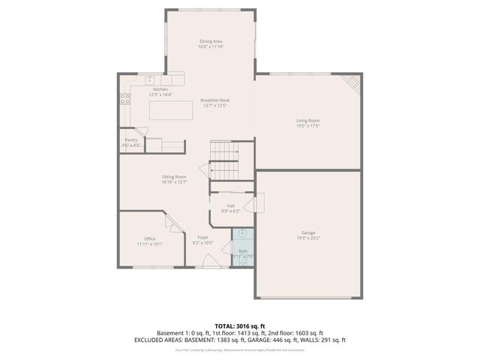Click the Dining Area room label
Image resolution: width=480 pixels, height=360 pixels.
(x=211, y=41)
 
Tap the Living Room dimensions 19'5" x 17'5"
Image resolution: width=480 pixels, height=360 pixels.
(x=307, y=126)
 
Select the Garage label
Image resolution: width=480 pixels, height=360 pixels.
(x=307, y=232)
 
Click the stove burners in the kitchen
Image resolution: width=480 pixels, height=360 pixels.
(x=124, y=97)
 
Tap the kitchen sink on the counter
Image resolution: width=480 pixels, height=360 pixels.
(x=149, y=79)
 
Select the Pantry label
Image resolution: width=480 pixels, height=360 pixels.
(x=131, y=139)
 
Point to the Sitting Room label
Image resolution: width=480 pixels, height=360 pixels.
(x=174, y=177)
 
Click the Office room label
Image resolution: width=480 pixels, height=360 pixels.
(x=150, y=238)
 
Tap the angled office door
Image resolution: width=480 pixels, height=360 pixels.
(x=172, y=222)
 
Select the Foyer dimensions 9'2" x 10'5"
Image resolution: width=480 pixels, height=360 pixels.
(x=203, y=243)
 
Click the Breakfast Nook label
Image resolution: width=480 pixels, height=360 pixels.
(x=215, y=100)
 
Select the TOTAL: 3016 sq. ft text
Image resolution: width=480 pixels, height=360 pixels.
(x=240, y=325)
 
